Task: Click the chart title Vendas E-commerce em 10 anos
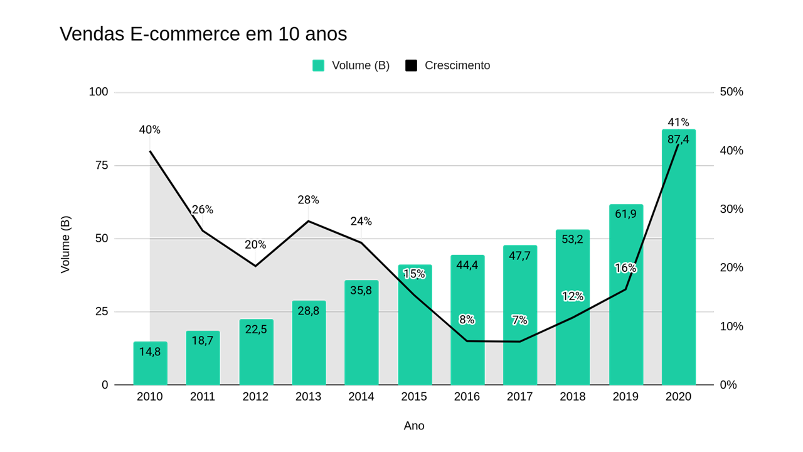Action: click(203, 34)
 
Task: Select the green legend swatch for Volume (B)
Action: click(319, 65)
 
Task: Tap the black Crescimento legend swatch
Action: click(411, 65)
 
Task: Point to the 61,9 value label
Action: click(625, 214)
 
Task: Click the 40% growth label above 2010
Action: click(150, 130)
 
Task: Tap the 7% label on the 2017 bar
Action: click(519, 320)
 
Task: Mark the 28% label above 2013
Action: click(308, 200)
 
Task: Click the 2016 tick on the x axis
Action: click(467, 397)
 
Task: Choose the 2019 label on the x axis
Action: click(625, 397)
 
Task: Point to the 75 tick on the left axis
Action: click(102, 166)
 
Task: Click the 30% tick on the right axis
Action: click(731, 209)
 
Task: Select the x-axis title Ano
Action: click(414, 426)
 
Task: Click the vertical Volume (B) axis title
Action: click(65, 244)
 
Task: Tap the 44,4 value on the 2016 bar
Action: click(467, 265)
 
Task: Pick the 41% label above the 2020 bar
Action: click(678, 122)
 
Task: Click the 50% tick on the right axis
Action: click(731, 92)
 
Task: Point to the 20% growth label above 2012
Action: click(255, 245)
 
